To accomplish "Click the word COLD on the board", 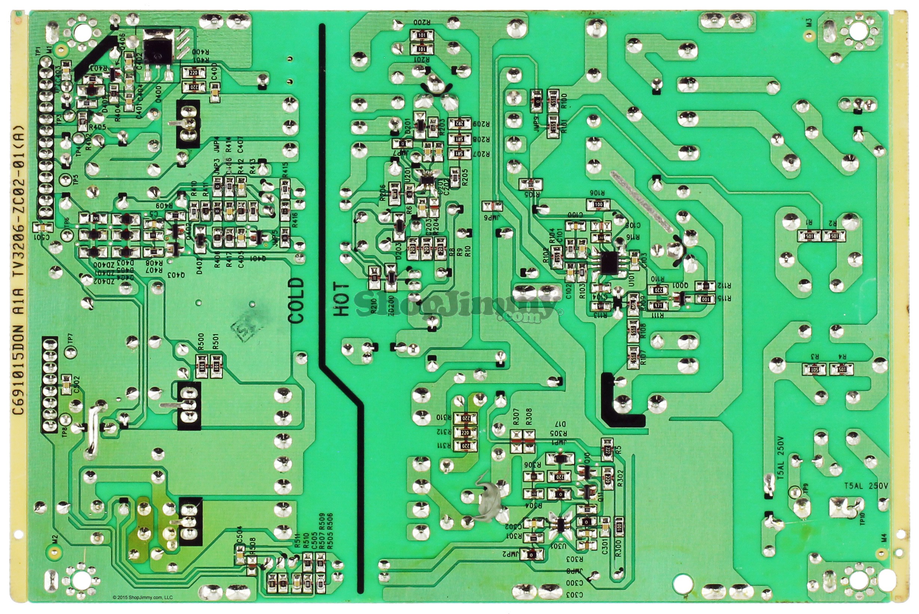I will tap(296, 300).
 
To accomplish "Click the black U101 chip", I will tap(608, 263).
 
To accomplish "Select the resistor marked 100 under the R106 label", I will tap(598, 204).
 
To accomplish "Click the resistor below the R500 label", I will tap(201, 367).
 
